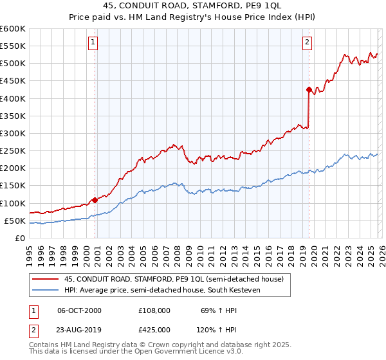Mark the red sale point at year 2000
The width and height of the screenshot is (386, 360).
95,200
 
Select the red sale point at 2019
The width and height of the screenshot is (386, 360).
309,90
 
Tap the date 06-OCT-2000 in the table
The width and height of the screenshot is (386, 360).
80,310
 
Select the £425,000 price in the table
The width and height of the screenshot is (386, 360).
154,329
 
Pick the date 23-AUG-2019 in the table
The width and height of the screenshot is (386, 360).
80,329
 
